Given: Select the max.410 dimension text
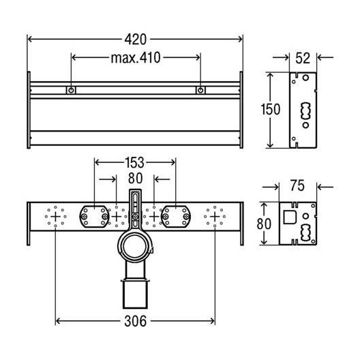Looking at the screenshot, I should click(x=135, y=58).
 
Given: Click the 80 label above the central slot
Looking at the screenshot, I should click(x=135, y=179).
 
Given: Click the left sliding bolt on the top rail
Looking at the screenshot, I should click(x=70, y=90).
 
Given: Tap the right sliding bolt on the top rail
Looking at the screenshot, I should click(x=200, y=90).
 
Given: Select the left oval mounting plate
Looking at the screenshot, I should click(x=94, y=216).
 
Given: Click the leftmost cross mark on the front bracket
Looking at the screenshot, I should click(x=55, y=217).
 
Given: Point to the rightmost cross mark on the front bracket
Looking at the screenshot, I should click(x=215, y=217).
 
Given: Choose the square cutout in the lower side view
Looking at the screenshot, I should click(x=289, y=217).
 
